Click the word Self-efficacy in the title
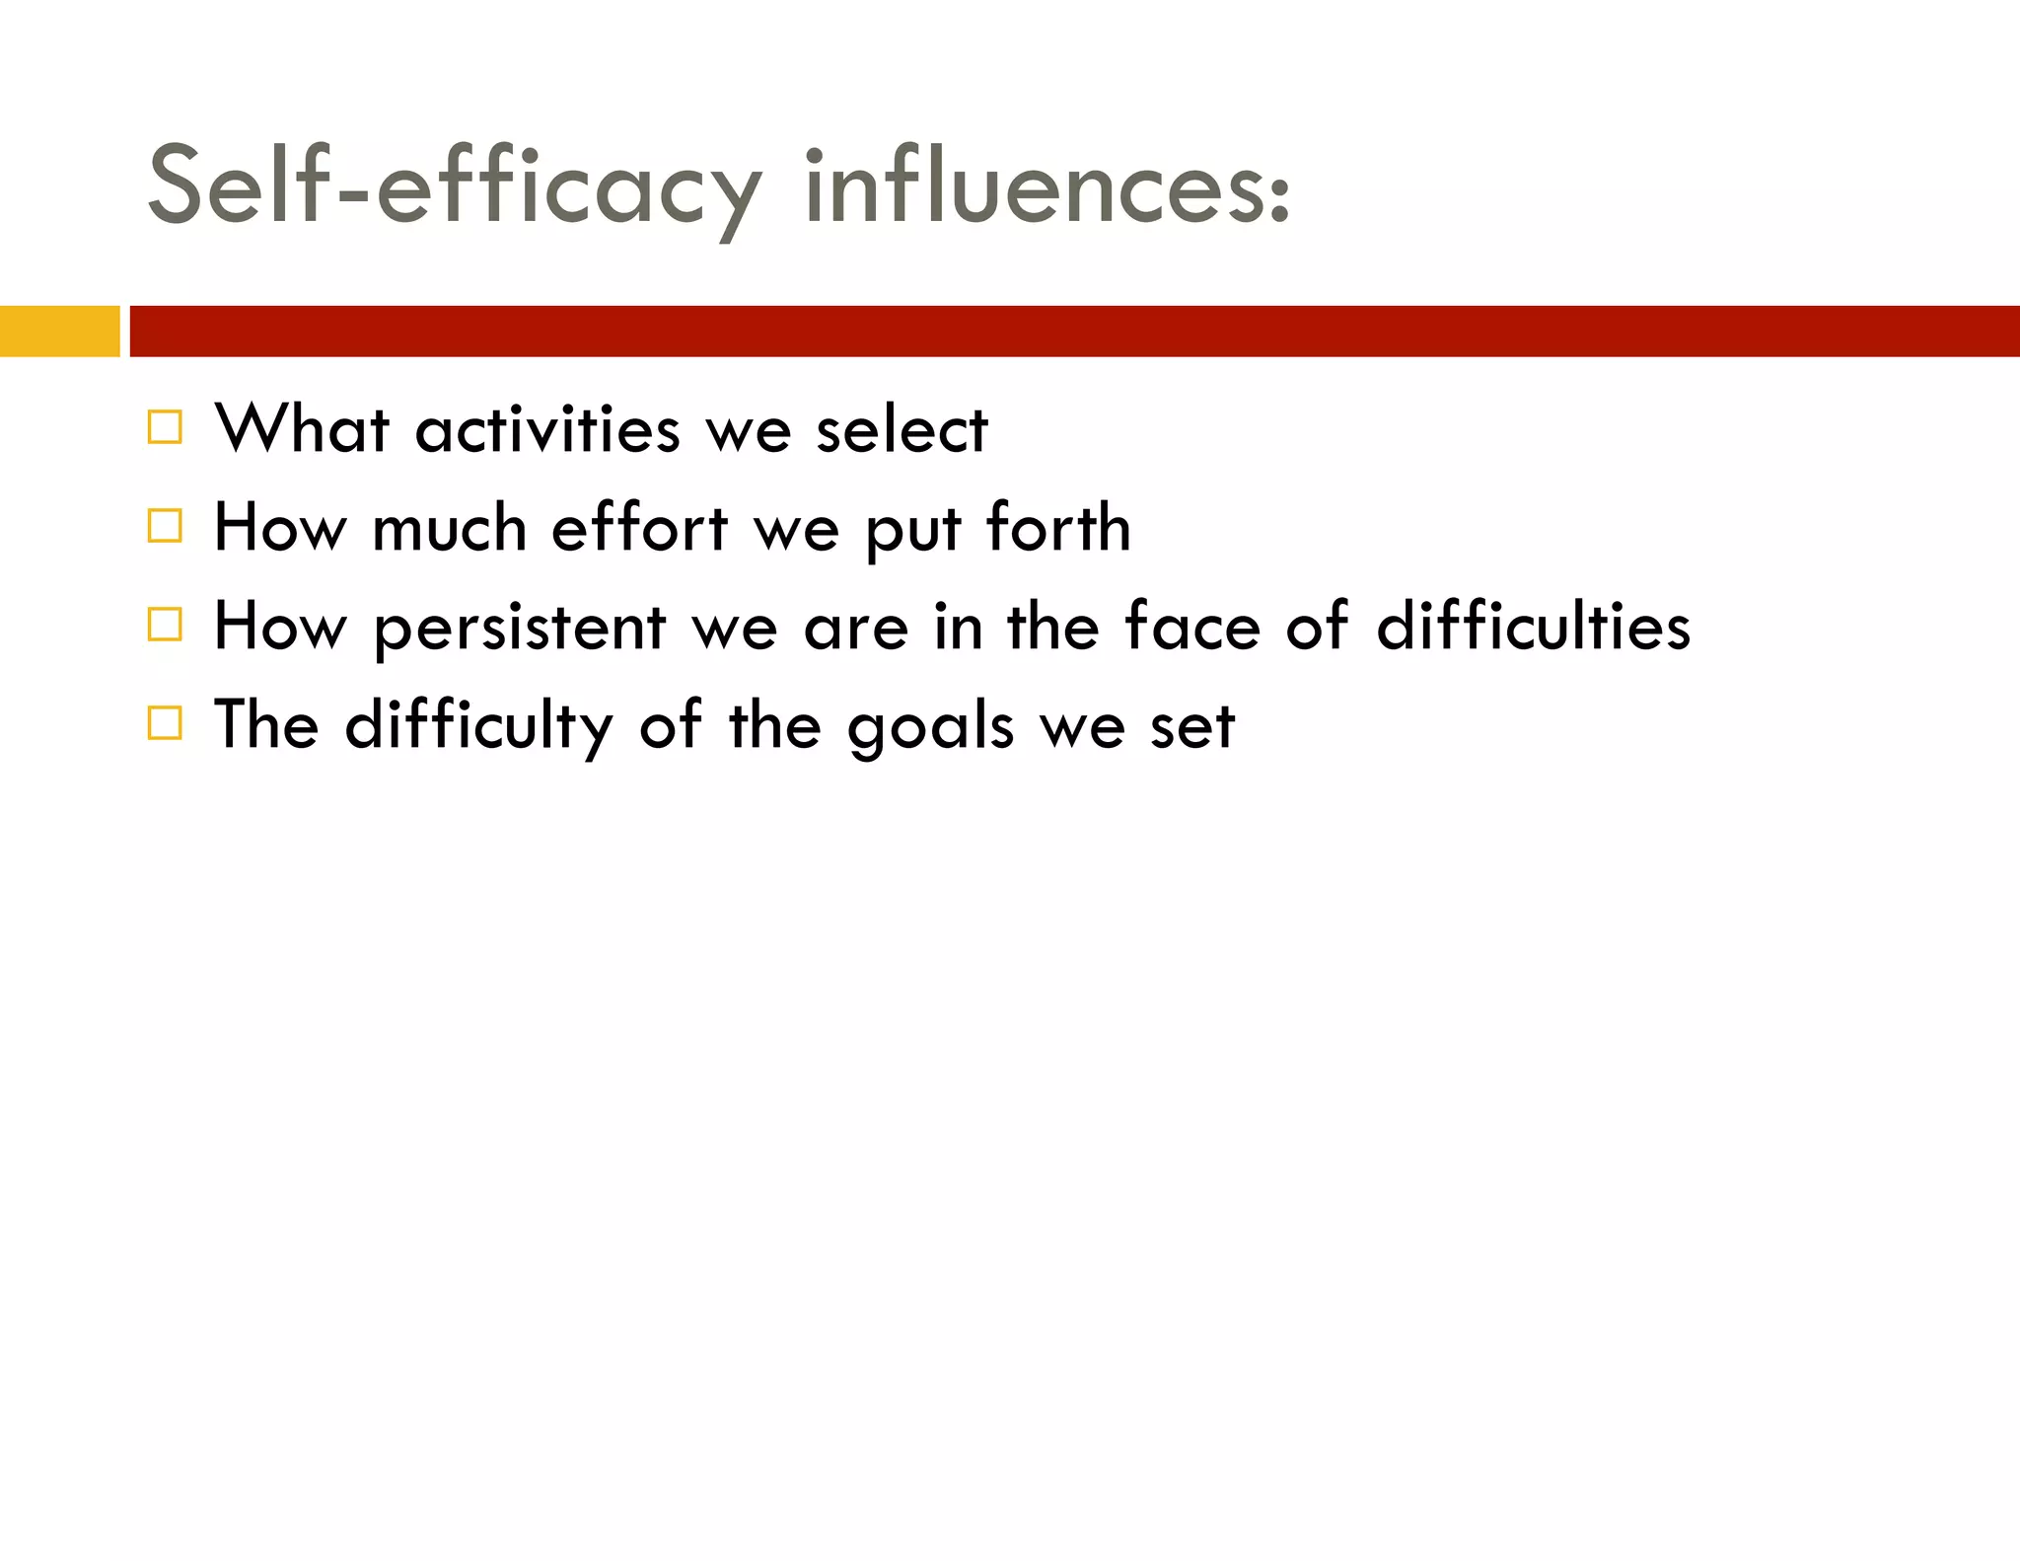pyautogui.click(x=455, y=187)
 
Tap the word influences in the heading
pyautogui.click(x=1046, y=187)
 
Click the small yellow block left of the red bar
pyautogui.click(x=59, y=332)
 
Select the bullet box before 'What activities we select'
pyautogui.click(x=165, y=427)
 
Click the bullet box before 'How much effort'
pyautogui.click(x=165, y=526)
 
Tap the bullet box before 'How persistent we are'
pyautogui.click(x=165, y=625)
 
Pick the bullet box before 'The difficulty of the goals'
pyautogui.click(x=165, y=723)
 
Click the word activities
pyautogui.click(x=547, y=430)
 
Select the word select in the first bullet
pyautogui.click(x=902, y=430)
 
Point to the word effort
pyautogui.click(x=639, y=528)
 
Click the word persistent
pyautogui.click(x=520, y=629)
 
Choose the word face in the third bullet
pyautogui.click(x=1192, y=627)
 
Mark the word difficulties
pyautogui.click(x=1533, y=627)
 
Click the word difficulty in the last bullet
pyautogui.click(x=479, y=726)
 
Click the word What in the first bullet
pyautogui.click(x=302, y=430)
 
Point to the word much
pyautogui.click(x=450, y=528)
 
